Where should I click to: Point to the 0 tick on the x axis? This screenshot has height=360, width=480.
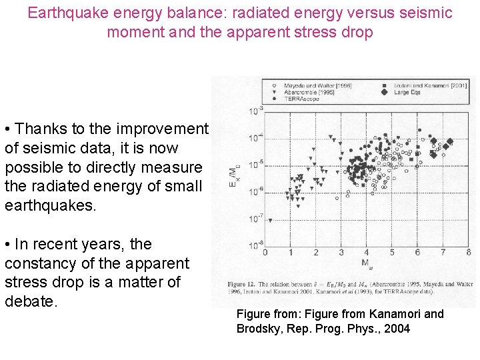coord(265,253)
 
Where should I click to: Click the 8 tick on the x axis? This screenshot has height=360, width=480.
coord(469,253)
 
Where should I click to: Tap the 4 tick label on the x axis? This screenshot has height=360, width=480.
coord(367,253)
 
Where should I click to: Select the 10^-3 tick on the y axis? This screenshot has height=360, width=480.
coord(255,110)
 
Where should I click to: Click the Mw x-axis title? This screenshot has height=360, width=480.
coord(366,263)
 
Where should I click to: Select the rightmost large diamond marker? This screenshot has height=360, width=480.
coord(450,141)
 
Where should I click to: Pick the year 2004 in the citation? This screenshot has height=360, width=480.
coord(397,329)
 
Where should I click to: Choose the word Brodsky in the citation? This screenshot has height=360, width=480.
coord(259,329)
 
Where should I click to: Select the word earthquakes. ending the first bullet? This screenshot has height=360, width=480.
coord(50,205)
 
